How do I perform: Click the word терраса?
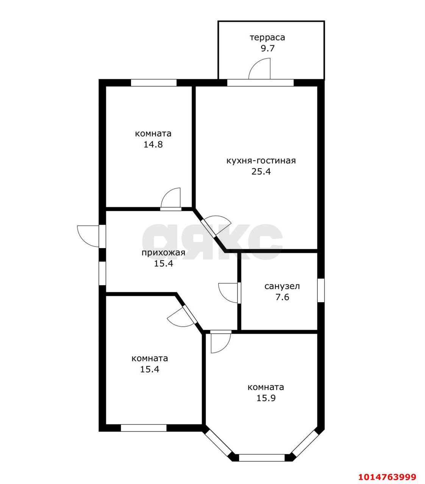click(267, 38)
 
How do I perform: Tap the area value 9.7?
click(267, 48)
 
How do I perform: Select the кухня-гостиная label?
click(261, 161)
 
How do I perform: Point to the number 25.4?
click(261, 172)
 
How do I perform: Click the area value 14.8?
click(153, 144)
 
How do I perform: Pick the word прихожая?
click(163, 253)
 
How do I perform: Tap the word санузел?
click(282, 287)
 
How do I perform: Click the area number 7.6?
click(282, 297)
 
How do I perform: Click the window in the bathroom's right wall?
click(321, 290)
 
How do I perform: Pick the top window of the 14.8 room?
click(154, 83)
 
